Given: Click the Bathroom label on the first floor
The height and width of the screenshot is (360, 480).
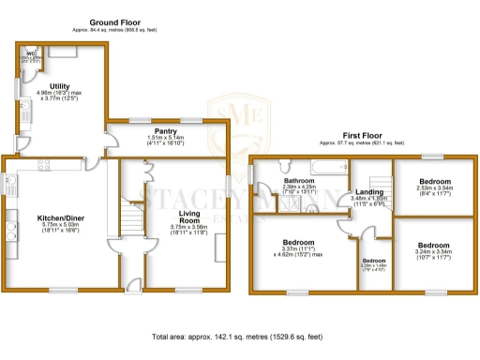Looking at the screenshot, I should coord(299,180).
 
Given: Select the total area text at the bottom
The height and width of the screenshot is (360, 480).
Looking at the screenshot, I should coord(240,335).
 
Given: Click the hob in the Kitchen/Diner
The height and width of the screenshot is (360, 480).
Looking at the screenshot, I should coord(12,230).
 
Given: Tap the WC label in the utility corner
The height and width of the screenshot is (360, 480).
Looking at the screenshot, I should coord(31,53).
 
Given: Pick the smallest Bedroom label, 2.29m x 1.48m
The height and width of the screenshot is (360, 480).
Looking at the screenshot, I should coord(373,263).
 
